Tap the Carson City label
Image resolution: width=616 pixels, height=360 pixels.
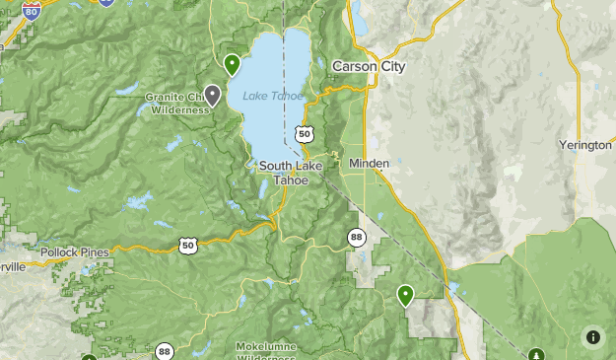coord(369,66)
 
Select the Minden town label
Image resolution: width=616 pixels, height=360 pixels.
coord(369,163)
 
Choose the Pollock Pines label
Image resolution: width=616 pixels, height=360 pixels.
coord(75,252)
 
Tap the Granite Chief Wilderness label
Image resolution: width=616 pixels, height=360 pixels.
coord(177,104)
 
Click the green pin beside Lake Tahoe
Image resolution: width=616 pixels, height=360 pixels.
coord(233,65)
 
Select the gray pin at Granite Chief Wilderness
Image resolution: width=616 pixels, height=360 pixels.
coord(212,95)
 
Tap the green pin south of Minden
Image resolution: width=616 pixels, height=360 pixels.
coord(405,294)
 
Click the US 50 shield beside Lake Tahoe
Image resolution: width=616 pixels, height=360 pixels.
coord(304,133)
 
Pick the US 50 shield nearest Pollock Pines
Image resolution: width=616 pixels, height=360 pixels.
coord(188,244)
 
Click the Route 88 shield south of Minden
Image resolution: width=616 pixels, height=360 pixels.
coord(357,237)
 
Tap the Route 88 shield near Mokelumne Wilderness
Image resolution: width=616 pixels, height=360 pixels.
coord(164,351)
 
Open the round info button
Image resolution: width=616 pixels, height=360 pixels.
coord(592,336)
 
